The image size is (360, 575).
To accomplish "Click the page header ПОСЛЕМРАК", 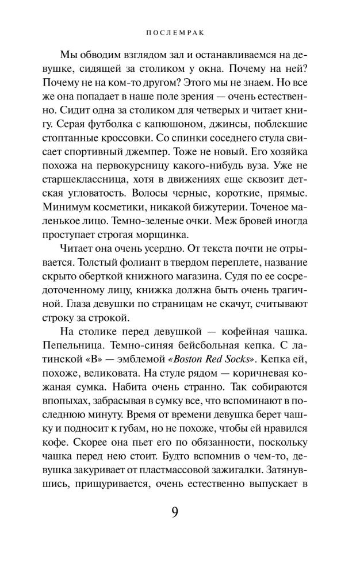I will [179, 33].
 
